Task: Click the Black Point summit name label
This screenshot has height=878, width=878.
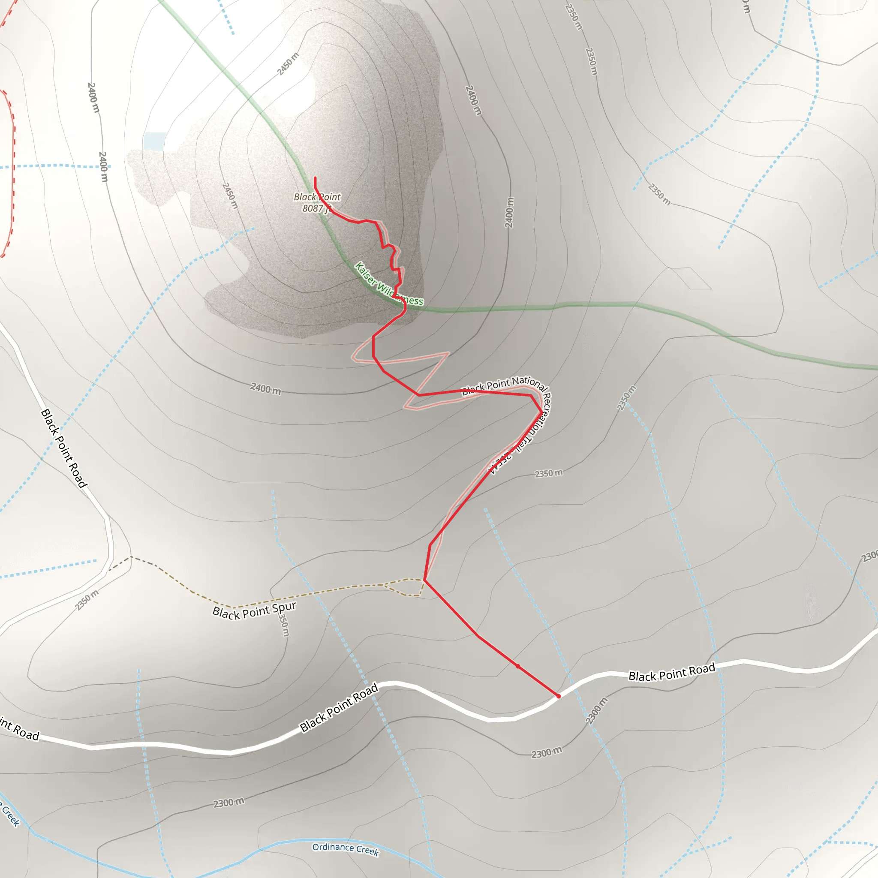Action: [317, 197]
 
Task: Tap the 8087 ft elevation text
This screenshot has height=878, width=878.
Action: [317, 208]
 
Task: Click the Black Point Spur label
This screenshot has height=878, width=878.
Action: [254, 610]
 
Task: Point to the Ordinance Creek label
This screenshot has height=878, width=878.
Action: [346, 848]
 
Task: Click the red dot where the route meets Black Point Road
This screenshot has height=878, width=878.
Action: [559, 696]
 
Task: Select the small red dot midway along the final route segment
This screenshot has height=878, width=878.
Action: [517, 666]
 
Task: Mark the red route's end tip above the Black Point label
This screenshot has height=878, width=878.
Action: [315, 177]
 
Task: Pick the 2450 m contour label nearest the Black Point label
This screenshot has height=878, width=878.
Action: [230, 195]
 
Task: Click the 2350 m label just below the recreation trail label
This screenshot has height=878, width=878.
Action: [548, 474]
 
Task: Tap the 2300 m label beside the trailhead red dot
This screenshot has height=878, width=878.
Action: [596, 711]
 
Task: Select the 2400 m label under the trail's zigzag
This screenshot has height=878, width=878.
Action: [265, 388]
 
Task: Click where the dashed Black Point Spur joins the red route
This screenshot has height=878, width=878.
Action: [424, 580]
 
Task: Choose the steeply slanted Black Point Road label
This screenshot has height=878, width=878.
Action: [63, 448]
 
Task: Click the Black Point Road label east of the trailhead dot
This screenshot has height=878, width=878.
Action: [672, 672]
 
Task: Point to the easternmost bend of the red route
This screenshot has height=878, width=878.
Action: [541, 412]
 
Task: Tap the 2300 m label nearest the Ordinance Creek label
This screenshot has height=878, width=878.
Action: [229, 803]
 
